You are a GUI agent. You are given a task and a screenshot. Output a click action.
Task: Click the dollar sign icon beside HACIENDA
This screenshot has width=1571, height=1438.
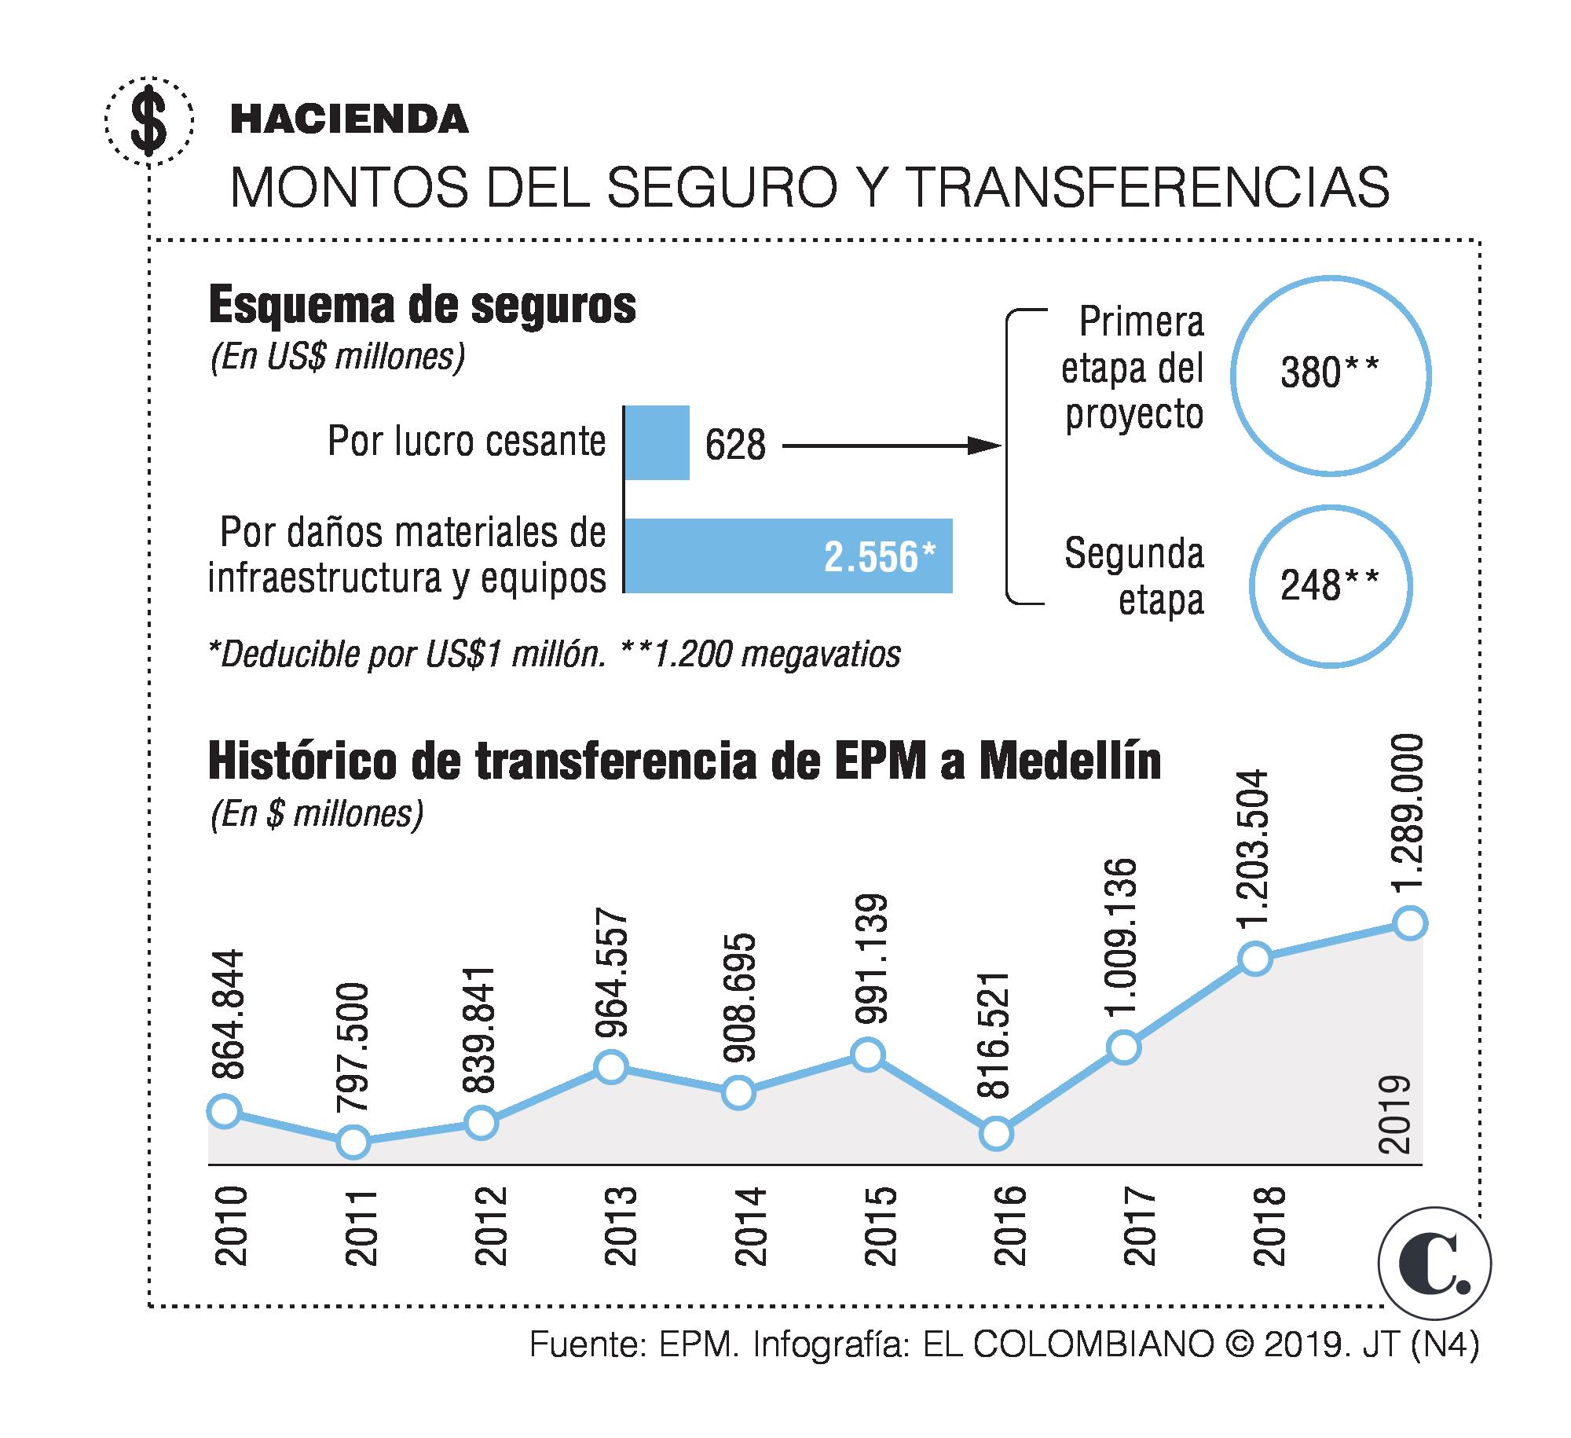148,122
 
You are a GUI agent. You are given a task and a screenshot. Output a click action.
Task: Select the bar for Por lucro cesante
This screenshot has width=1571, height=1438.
657,442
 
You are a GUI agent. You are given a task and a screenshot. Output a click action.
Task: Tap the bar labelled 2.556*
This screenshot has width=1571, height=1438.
788,556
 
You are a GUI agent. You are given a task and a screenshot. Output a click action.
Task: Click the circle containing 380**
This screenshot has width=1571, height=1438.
1330,376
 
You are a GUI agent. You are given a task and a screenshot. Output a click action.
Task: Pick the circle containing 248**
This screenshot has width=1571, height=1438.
1330,586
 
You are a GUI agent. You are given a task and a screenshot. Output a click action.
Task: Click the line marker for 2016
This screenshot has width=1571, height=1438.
996,1134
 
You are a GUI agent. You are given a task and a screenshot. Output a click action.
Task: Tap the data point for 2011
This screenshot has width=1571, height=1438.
353,1141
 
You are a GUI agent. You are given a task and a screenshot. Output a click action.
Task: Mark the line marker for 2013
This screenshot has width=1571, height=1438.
611,1068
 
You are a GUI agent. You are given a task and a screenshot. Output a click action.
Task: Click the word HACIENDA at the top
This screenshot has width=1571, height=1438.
350,119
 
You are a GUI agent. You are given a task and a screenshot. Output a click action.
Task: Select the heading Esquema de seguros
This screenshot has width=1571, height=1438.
422,306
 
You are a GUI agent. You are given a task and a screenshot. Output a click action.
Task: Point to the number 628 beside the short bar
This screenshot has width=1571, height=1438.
734,446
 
